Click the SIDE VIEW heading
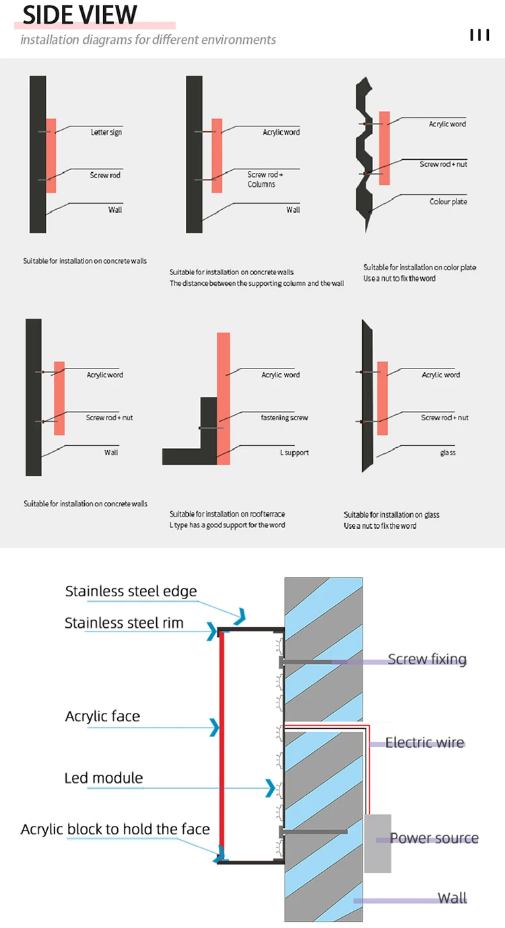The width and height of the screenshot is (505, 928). [x=79, y=15]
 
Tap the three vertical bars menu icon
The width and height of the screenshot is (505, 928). [x=479, y=35]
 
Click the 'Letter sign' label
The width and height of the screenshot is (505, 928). [x=106, y=132]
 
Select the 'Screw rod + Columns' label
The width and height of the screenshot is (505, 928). [x=265, y=179]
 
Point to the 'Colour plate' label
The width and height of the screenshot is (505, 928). [x=448, y=202]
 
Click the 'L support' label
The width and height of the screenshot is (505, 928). [x=294, y=453]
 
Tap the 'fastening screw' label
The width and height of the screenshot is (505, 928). [x=284, y=418]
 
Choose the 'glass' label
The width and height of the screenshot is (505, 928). [x=448, y=453]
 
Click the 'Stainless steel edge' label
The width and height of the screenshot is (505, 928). [x=131, y=591]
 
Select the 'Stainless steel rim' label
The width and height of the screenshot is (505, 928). [x=124, y=623]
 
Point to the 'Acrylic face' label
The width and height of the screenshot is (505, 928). [x=102, y=716]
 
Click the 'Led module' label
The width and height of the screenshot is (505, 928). [x=104, y=778]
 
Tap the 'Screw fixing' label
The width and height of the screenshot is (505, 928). [x=427, y=659]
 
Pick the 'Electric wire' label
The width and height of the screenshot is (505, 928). [x=425, y=742]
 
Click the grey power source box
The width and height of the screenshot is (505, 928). [x=378, y=843]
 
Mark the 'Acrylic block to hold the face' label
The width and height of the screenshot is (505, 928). [x=115, y=829]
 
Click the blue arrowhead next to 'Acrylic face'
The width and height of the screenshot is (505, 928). [x=215, y=727]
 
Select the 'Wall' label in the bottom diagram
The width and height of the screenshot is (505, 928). [x=452, y=898]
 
